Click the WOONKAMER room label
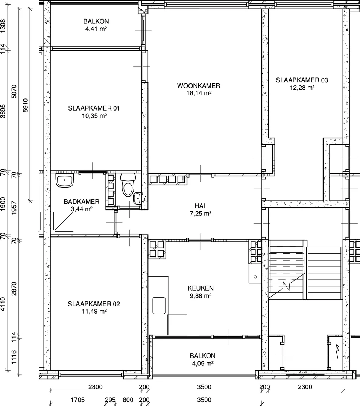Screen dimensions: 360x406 199,86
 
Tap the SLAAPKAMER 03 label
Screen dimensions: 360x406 302,80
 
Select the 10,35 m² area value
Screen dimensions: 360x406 94,116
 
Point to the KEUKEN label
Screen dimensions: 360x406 201,288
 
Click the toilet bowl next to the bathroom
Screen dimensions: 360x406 128,185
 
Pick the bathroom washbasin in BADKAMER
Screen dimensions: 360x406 65,180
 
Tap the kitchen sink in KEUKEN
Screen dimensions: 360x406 159,306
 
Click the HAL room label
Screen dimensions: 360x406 201,206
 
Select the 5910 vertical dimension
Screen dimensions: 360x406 26,105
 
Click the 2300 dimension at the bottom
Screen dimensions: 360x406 305,387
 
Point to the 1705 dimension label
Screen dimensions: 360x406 78,400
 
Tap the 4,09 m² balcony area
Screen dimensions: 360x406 203,363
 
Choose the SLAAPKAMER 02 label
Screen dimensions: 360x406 94,304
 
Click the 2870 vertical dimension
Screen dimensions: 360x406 14,289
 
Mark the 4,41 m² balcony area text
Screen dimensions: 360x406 96,29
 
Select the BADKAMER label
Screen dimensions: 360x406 82,201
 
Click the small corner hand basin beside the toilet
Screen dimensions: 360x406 138,198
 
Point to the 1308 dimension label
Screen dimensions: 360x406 3,26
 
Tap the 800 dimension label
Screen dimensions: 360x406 128,400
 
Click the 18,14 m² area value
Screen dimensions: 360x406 199,93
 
